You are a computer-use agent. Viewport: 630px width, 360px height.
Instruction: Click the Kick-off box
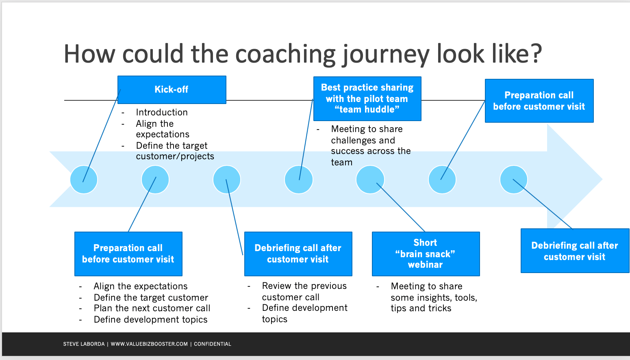(x=172, y=89)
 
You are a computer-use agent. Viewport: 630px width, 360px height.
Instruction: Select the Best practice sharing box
(x=367, y=98)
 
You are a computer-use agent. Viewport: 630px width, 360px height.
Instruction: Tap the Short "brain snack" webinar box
(x=426, y=254)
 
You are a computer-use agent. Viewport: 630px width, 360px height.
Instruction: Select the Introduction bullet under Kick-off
(x=162, y=112)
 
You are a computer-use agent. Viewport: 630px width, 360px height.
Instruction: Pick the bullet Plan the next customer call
(x=152, y=308)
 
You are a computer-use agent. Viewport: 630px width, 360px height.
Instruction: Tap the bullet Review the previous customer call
(x=304, y=291)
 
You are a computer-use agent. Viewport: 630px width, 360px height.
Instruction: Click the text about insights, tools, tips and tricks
(x=433, y=297)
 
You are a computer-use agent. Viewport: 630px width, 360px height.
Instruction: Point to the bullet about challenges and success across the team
(x=370, y=145)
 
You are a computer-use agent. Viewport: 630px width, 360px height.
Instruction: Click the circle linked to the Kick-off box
(x=84, y=180)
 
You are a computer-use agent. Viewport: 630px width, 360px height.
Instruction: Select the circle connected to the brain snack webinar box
(x=370, y=180)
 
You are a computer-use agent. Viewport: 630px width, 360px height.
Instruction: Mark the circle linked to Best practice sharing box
(x=299, y=180)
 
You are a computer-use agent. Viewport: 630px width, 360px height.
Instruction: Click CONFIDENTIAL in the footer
(x=212, y=344)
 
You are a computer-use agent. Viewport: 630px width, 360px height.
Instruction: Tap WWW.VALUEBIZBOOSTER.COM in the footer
(x=149, y=344)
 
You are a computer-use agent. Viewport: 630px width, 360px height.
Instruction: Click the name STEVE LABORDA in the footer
(x=84, y=344)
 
